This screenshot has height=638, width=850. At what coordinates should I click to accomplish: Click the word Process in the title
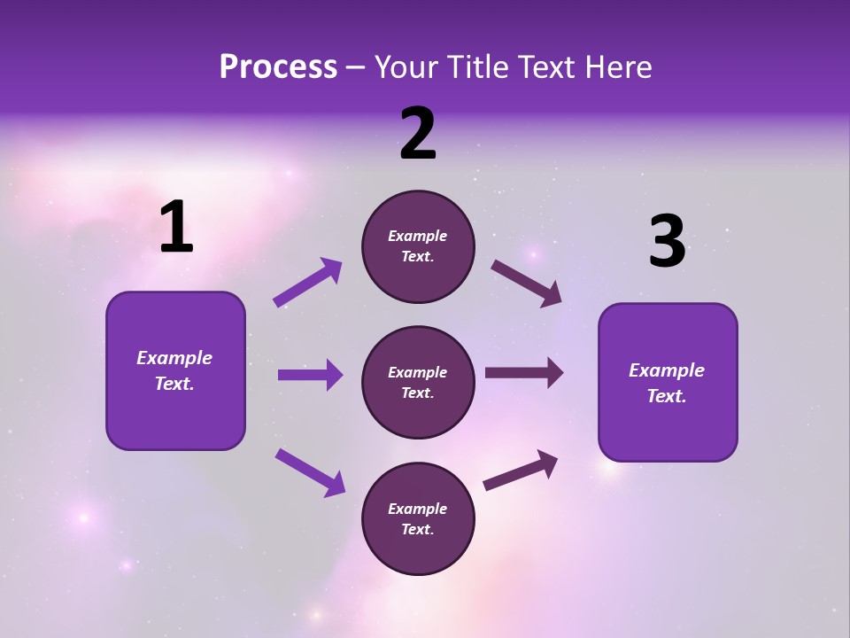pos(278,67)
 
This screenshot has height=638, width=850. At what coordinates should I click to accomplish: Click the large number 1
pos(176,228)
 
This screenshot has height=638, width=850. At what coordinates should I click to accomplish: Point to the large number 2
pos(418,134)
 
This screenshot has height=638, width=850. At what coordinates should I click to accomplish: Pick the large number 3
pos(667,242)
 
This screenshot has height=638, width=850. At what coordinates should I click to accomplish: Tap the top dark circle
pos(418,246)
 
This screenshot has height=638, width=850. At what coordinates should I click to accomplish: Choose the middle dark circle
pos(418,382)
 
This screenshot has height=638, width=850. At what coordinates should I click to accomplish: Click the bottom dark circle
pos(418,518)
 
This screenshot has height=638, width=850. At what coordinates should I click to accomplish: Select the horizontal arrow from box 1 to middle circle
pos(310,375)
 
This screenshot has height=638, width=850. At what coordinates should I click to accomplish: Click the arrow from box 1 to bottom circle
pos(310,472)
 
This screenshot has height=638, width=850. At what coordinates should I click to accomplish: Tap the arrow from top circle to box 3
pos(526,283)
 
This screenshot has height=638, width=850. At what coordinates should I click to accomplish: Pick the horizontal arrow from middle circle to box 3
pos(524,373)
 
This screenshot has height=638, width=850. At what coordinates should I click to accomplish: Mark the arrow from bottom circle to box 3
pos(521,471)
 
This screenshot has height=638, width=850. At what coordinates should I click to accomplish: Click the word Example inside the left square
pos(174,358)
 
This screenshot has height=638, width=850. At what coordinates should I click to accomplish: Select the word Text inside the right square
pos(665,396)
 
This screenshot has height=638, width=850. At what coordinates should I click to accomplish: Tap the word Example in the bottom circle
pos(418,509)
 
